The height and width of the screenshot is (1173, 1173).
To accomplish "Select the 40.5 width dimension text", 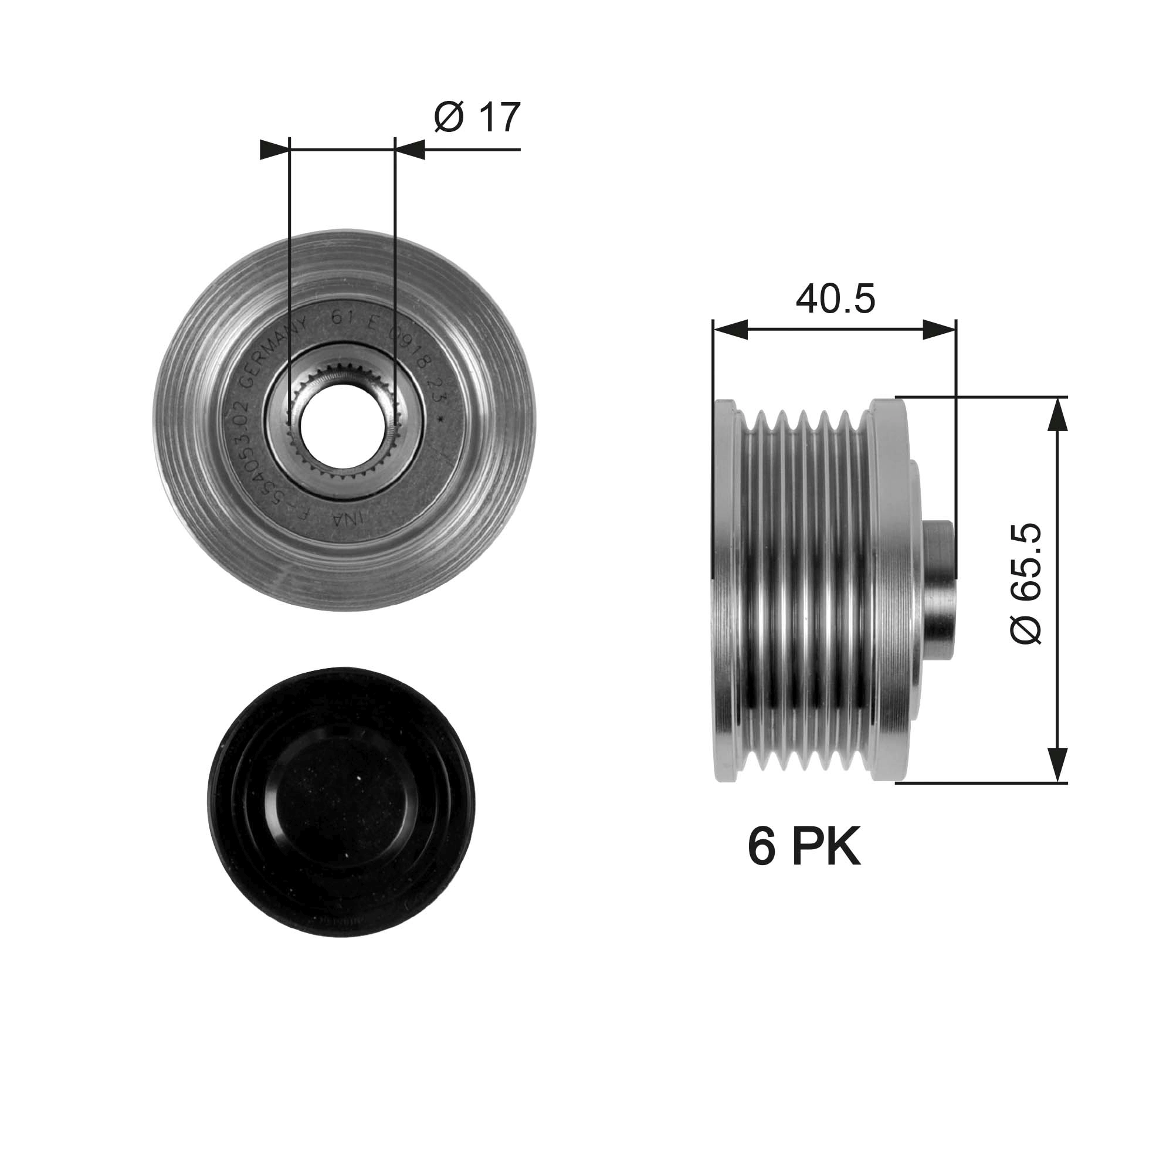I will point(835,299).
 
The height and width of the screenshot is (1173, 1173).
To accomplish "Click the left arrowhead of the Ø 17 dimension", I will point(273,150).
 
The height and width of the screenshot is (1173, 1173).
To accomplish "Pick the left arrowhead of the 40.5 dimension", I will point(729,330).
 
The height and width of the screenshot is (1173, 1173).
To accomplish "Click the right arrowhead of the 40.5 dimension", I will point(939,330).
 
